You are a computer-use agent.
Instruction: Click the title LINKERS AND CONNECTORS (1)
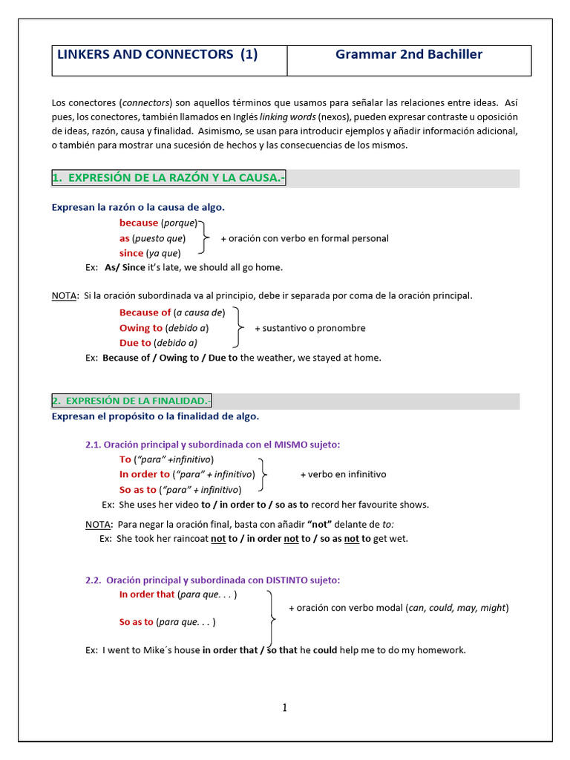pos(157,54)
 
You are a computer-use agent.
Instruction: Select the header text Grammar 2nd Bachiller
pos(409,54)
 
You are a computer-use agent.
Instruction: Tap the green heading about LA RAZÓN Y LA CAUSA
pos(168,178)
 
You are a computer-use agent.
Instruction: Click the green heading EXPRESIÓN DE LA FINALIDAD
pos(131,401)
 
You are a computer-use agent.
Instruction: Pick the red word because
pos(139,223)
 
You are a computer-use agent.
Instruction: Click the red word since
pos(131,253)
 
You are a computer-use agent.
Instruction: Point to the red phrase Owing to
pos(141,327)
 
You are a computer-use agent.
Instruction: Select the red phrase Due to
pos(135,343)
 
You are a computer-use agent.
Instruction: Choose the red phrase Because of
pos(145,312)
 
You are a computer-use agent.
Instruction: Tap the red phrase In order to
pos(145,474)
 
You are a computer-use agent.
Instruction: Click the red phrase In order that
pos(147,594)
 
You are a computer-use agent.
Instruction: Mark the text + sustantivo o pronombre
pos(310,328)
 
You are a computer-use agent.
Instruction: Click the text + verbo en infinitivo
pos(343,474)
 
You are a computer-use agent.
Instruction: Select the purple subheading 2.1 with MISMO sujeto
pos(213,445)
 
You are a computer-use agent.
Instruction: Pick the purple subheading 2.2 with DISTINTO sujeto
pos(213,580)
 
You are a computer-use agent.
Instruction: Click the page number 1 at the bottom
pos(284,708)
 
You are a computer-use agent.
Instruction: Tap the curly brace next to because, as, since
pos(206,238)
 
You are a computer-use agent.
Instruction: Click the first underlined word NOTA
pos(64,295)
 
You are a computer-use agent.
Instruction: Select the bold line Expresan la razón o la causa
pos(138,207)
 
